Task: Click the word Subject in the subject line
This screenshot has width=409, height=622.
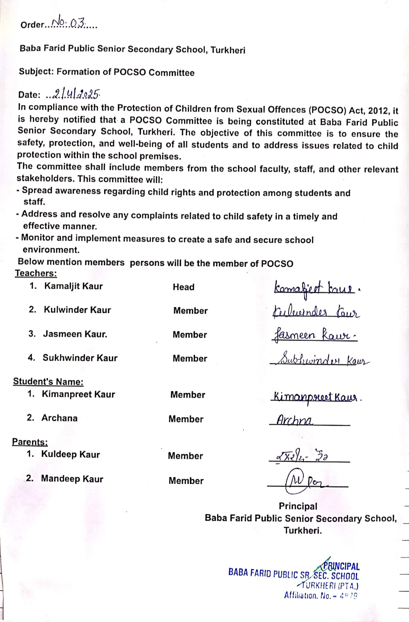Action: [36, 72]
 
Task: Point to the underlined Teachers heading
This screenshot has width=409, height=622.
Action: [36, 273]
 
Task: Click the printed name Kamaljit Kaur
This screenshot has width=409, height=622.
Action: [73, 286]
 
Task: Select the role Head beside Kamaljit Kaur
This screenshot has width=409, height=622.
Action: [184, 287]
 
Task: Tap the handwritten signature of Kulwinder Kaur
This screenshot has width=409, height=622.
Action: [316, 313]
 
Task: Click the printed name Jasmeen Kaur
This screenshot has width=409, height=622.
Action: [75, 334]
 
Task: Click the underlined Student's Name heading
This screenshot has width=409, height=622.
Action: [48, 381]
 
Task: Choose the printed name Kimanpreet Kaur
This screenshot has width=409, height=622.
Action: [78, 394]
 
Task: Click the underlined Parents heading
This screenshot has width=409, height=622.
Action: [30, 442]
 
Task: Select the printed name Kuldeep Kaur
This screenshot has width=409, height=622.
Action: [70, 454]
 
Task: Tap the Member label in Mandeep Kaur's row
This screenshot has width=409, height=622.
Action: [186, 481]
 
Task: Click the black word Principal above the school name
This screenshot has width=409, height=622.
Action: [298, 506]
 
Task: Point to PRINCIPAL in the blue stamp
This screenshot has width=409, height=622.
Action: [342, 566]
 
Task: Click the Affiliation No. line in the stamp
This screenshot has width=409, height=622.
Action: [320, 596]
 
